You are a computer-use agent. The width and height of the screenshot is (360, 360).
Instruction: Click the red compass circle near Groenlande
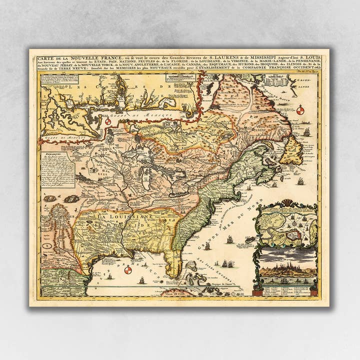pos(300,110)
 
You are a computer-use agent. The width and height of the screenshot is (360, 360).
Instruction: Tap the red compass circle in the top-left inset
pos(107,120)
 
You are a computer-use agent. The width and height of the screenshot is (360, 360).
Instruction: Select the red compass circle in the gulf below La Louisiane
pos(128,270)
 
